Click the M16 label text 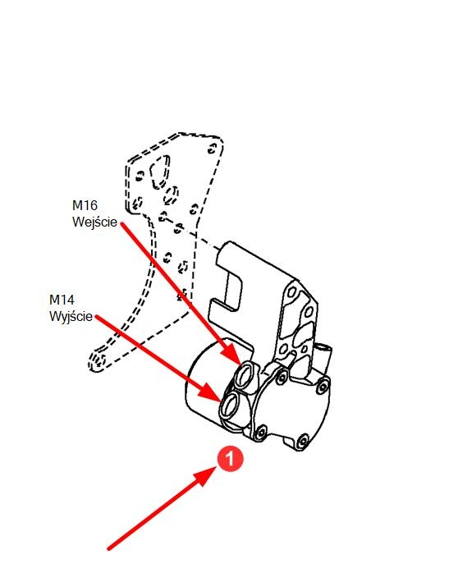85,205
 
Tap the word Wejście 94,222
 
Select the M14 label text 62,300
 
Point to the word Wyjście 71,316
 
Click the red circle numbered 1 230,459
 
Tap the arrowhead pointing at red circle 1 204,475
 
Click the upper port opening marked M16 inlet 245,374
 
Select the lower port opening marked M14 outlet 231,406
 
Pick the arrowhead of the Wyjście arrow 212,393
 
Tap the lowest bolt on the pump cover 303,442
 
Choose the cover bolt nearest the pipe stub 323,386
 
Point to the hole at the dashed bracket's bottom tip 99,360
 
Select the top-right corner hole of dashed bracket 213,149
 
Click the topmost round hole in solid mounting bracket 291,292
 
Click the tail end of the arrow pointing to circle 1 108,548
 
